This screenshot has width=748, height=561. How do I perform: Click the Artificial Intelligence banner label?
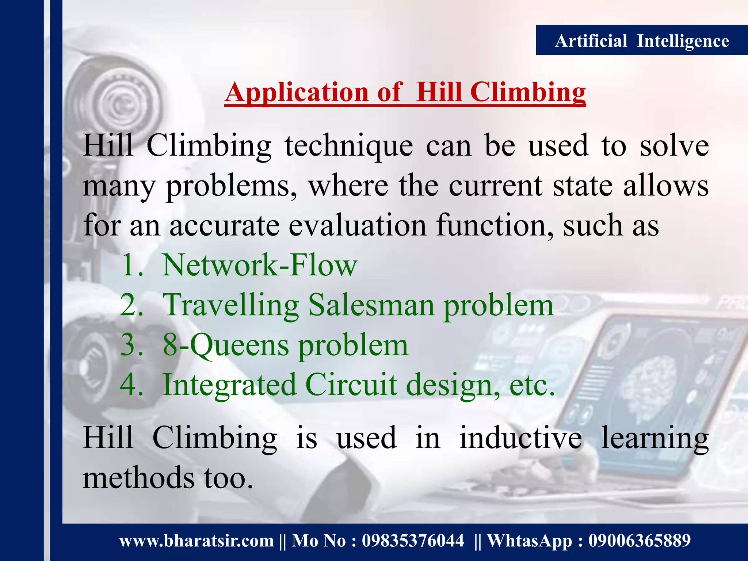[642, 41]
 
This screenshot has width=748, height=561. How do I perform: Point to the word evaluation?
[357, 225]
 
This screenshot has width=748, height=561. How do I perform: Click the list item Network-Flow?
[259, 265]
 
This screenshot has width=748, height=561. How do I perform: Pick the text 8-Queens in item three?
[226, 345]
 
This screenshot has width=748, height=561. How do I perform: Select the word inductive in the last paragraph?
[520, 438]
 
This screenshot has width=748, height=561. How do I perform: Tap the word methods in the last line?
[138, 478]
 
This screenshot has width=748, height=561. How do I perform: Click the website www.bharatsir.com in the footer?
[196, 541]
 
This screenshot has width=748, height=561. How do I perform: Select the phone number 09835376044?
[413, 541]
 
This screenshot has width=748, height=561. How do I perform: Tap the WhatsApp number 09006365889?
[639, 541]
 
